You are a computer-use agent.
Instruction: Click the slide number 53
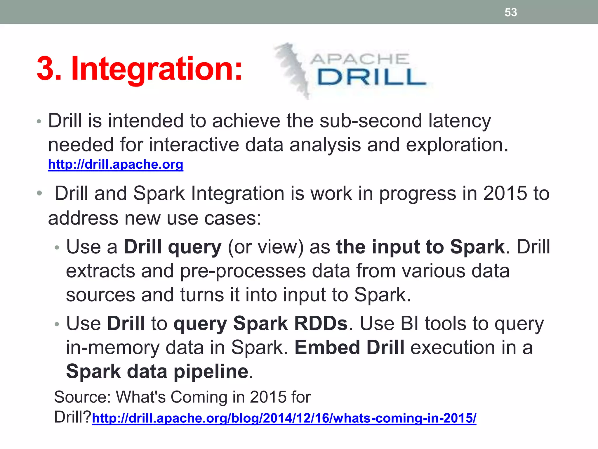click(x=511, y=12)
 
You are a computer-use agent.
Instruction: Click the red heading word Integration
click(x=157, y=69)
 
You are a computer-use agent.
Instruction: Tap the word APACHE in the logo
click(x=359, y=59)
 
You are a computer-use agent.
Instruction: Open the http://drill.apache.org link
click(x=116, y=165)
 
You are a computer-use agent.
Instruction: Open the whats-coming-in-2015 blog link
click(x=284, y=418)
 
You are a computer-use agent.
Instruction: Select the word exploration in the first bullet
click(x=457, y=145)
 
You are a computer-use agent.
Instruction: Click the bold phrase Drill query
click(x=173, y=247)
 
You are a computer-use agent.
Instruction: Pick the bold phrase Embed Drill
click(x=349, y=348)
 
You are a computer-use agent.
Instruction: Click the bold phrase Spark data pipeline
click(x=157, y=372)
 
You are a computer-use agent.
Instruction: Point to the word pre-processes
click(x=243, y=271)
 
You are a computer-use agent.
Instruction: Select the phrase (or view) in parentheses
click(x=265, y=247)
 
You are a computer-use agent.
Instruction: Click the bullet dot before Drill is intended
click(x=39, y=121)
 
